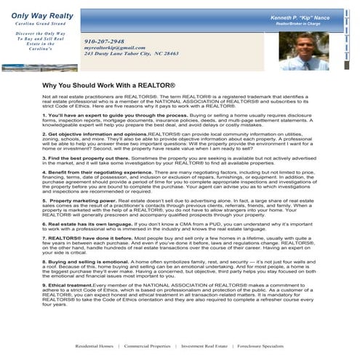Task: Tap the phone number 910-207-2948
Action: (x=104, y=41)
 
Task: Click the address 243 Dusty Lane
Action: (x=131, y=54)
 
